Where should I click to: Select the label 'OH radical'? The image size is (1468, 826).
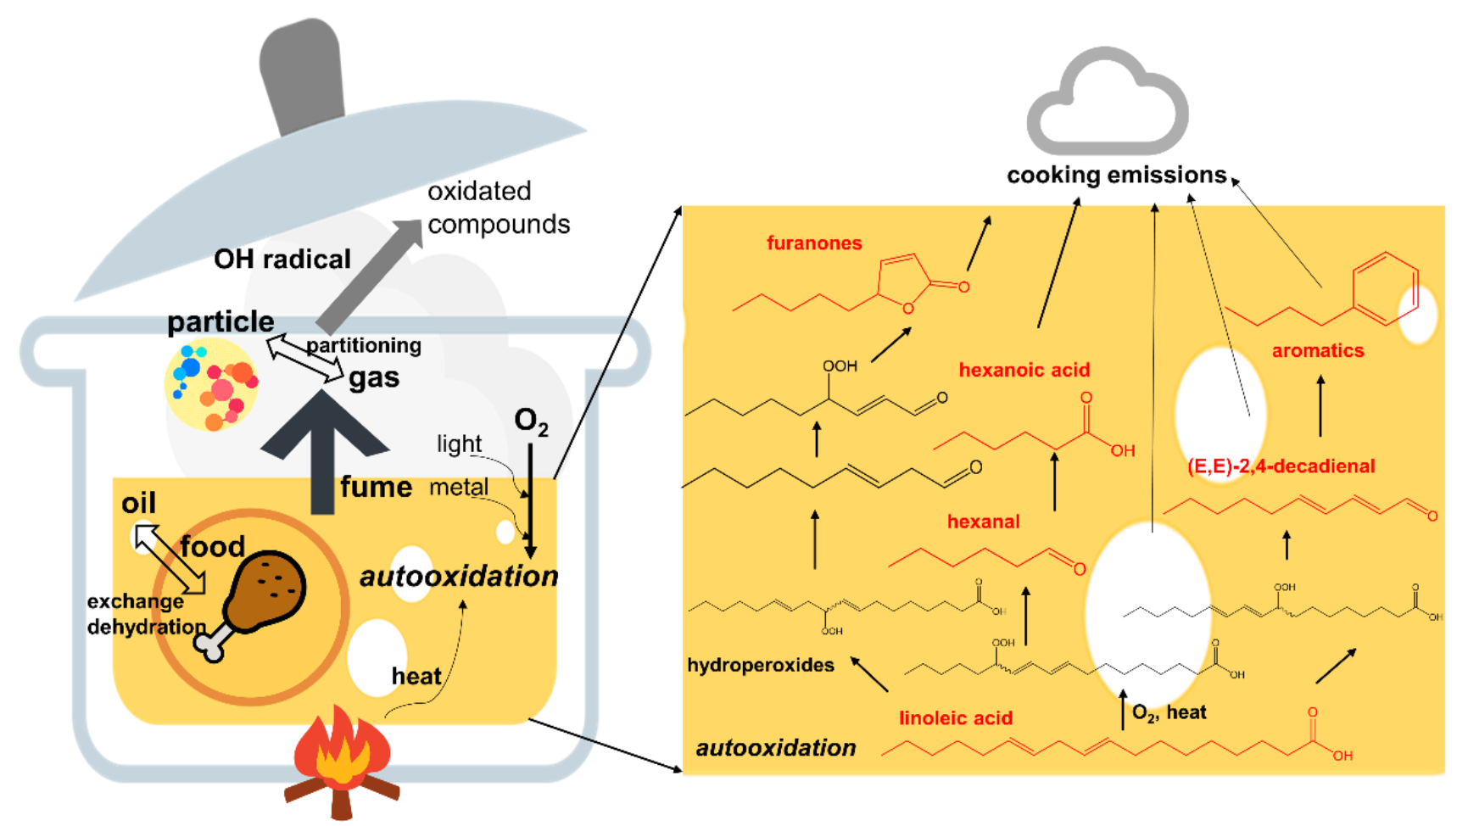(x=282, y=259)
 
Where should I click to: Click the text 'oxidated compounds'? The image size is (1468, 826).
(x=498, y=208)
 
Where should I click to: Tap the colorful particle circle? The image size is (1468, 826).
(x=211, y=383)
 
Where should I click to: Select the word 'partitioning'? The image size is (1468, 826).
(x=363, y=345)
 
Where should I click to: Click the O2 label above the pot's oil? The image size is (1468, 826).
(x=531, y=421)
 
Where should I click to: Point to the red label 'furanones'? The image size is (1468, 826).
(x=814, y=243)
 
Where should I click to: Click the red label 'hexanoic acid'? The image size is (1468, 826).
(x=1024, y=370)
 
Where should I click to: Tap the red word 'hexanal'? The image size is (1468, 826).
(x=983, y=522)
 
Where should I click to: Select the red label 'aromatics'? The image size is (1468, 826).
(x=1317, y=350)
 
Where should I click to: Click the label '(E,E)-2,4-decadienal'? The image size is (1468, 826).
(x=1281, y=466)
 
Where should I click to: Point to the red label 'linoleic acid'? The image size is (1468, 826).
(x=956, y=718)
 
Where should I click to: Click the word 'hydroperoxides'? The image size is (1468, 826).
(x=760, y=665)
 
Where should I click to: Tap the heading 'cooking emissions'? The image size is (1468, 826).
(x=1116, y=176)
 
